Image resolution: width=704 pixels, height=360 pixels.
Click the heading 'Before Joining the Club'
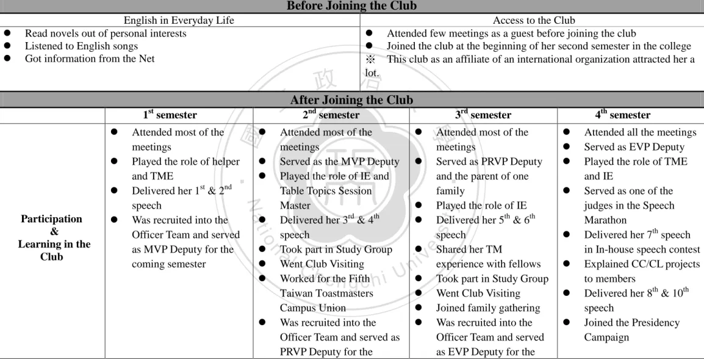click(x=351, y=6)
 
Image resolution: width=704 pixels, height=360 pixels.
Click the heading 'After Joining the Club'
click(x=351, y=99)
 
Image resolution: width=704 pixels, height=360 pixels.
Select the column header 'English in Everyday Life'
click(x=179, y=20)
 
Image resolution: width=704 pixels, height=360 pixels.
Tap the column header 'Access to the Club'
click(x=534, y=20)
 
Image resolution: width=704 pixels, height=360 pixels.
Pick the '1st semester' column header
click(x=170, y=115)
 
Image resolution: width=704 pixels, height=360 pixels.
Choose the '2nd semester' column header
click(x=331, y=115)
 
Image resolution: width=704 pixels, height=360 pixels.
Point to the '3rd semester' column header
click(x=483, y=115)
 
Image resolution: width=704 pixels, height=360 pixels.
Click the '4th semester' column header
click(x=623, y=115)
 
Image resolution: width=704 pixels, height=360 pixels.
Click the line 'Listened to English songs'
click(x=81, y=46)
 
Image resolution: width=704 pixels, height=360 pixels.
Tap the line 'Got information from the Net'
click(x=89, y=59)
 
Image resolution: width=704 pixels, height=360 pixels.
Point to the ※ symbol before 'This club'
click(x=370, y=60)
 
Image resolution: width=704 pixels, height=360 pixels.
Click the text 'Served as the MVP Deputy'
click(x=339, y=162)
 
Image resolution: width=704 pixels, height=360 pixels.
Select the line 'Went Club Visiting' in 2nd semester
click(x=322, y=264)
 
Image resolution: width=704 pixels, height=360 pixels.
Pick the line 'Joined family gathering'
click(x=488, y=308)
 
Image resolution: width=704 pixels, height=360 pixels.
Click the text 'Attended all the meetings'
click(x=640, y=132)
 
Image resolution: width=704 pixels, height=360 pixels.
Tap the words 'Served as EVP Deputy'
click(x=634, y=147)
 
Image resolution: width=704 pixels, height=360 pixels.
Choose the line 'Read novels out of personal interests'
click(x=106, y=33)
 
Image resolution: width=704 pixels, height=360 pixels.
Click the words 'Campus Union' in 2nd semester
click(x=313, y=308)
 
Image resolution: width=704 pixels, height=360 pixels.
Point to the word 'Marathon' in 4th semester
click(x=605, y=220)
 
